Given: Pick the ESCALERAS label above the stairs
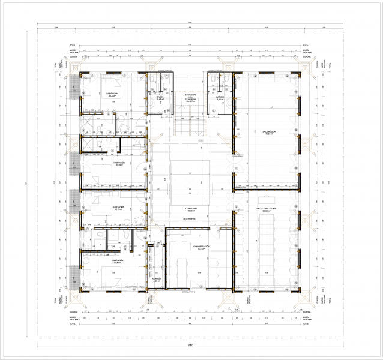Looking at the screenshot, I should tap(191, 95).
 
